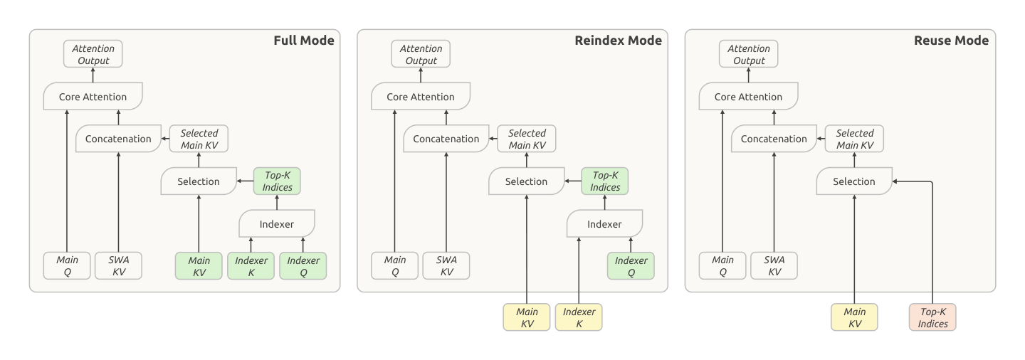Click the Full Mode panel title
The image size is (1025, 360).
click(304, 41)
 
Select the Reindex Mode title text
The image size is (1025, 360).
click(618, 41)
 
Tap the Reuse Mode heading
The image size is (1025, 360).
click(951, 41)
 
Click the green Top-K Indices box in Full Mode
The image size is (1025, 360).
click(277, 181)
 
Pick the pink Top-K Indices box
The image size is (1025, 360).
click(932, 317)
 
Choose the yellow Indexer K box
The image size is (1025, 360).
click(579, 317)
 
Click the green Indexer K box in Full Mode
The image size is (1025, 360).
click(251, 266)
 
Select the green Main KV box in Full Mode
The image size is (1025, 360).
click(199, 266)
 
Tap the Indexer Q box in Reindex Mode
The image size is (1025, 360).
click(631, 266)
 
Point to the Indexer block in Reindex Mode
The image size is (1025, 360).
click(604, 223)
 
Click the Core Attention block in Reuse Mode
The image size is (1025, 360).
click(748, 97)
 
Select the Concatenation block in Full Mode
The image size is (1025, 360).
click(118, 139)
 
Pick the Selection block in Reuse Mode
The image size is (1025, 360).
click(854, 181)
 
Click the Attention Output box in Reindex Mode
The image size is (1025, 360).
click(421, 54)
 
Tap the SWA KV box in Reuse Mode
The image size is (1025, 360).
click(774, 266)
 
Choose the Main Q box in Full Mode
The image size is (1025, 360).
click(67, 266)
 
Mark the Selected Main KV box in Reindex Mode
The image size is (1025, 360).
click(527, 139)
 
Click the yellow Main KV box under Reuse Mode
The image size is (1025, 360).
click(854, 317)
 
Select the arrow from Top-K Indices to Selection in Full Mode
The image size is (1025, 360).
click(246, 181)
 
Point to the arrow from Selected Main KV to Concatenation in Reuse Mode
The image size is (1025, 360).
click(821, 139)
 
